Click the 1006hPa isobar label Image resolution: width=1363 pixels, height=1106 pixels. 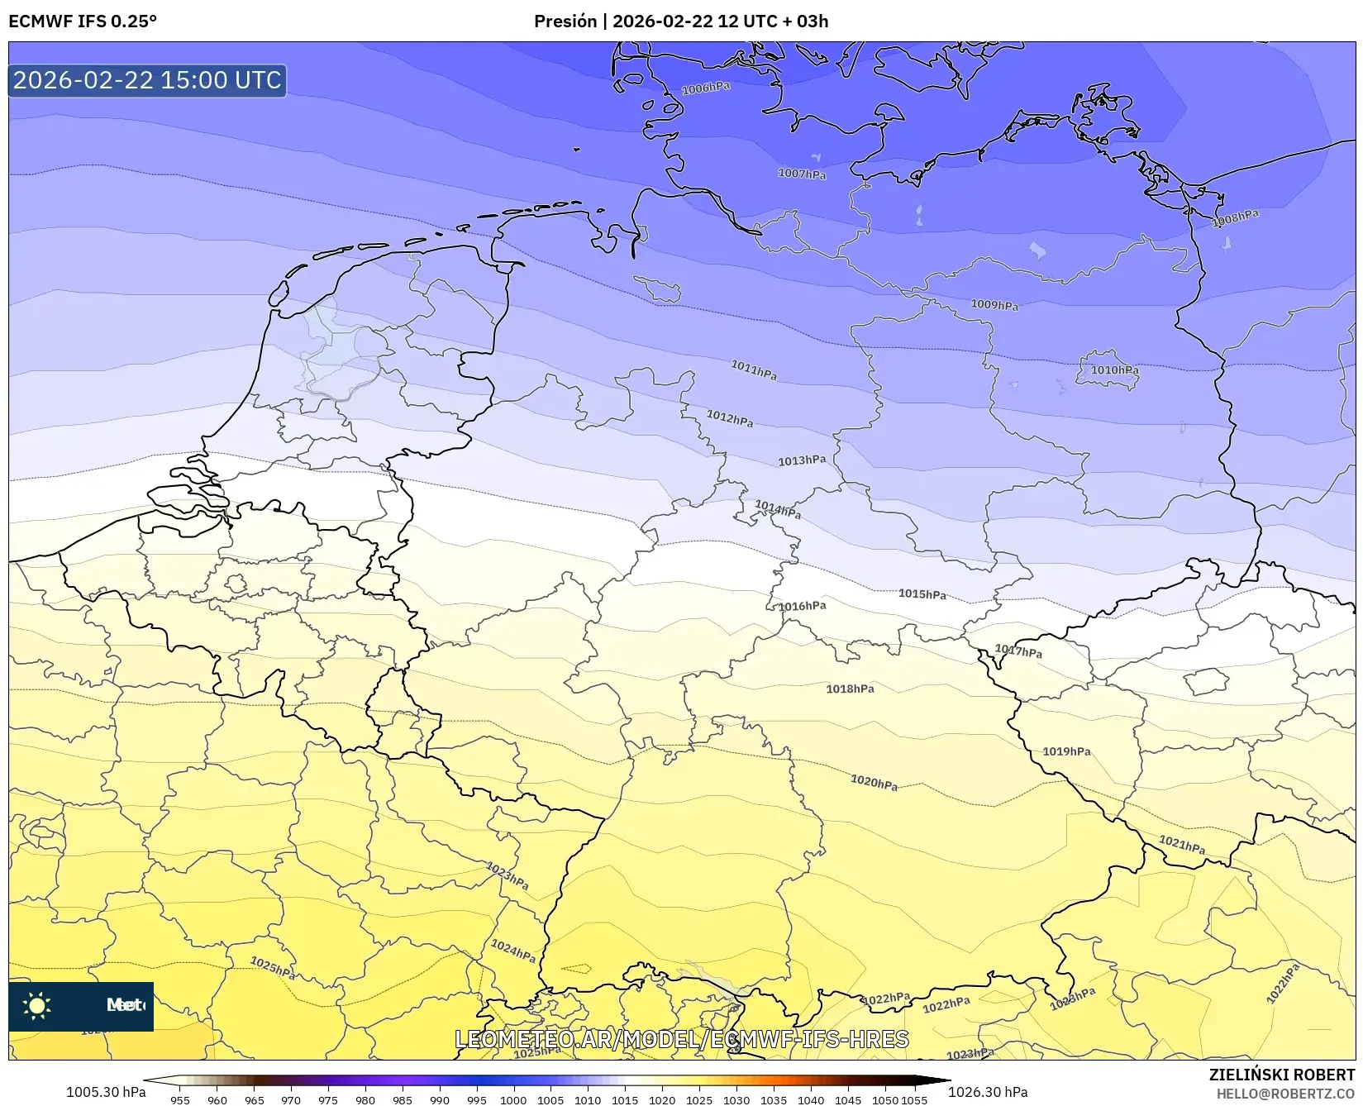click(x=705, y=88)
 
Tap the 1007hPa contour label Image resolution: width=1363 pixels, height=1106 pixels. click(x=802, y=174)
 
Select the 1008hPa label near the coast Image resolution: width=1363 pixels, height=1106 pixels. click(x=1235, y=218)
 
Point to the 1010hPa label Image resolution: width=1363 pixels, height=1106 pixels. click(x=1114, y=370)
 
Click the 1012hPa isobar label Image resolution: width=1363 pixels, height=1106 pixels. click(x=729, y=418)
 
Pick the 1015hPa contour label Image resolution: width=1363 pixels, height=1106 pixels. click(x=922, y=594)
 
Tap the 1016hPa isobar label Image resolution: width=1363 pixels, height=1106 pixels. click(x=802, y=606)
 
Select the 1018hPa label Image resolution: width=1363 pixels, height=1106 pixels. click(x=850, y=689)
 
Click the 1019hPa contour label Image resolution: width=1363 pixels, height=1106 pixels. click(x=1066, y=751)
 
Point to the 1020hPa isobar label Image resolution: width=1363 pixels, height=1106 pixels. click(x=874, y=782)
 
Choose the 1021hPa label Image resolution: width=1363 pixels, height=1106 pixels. click(x=1181, y=845)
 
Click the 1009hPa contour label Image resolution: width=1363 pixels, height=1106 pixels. click(x=994, y=305)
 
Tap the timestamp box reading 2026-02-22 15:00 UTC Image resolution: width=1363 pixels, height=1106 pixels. click(x=147, y=80)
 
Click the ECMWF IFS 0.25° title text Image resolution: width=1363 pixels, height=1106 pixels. click(x=83, y=21)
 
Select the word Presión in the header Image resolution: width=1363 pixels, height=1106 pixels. click(x=565, y=21)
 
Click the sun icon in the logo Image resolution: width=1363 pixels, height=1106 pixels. click(x=37, y=1005)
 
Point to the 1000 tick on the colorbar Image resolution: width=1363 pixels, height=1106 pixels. click(x=512, y=1100)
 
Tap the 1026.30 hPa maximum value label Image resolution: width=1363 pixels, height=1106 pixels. click(x=988, y=1092)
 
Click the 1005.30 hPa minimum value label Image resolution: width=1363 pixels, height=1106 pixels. click(x=106, y=1092)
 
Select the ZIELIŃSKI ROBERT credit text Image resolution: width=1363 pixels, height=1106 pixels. click(x=1282, y=1075)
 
